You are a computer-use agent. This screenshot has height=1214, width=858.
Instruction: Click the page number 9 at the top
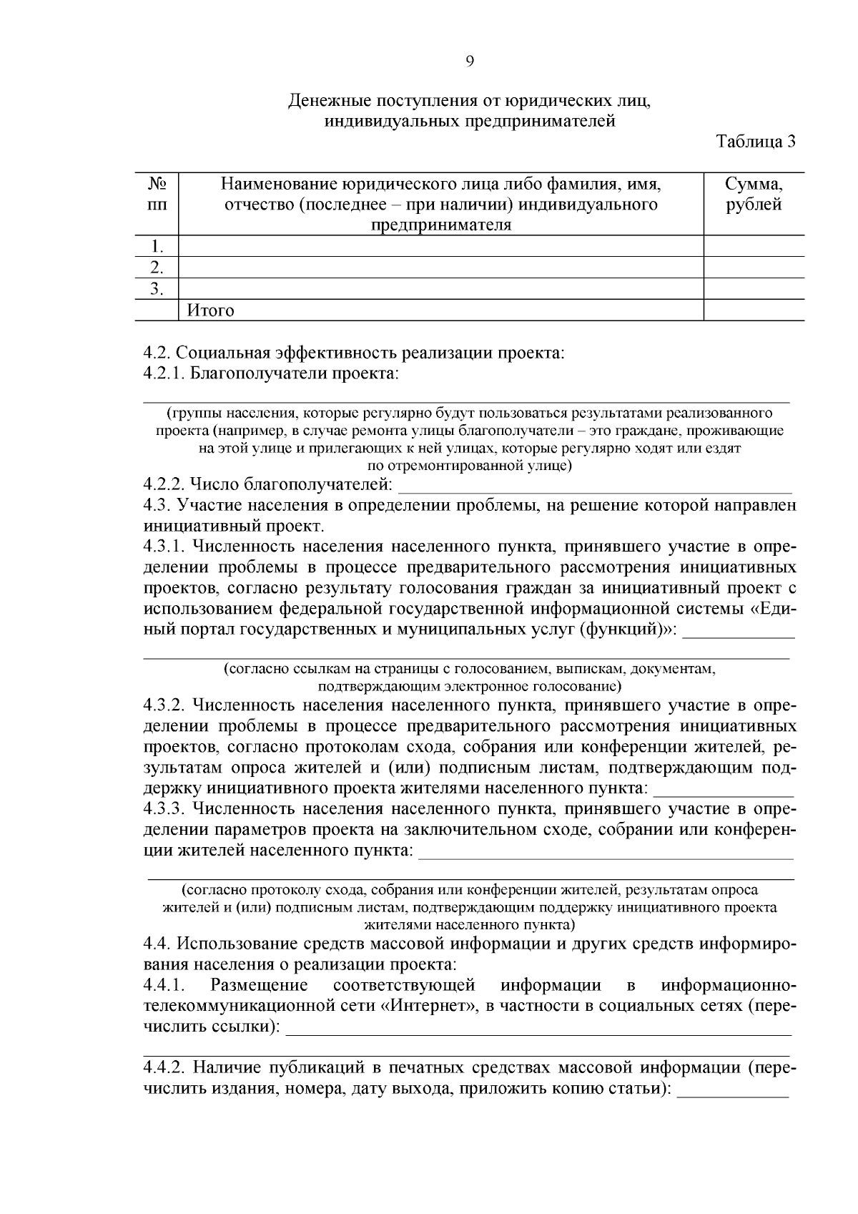coord(470,62)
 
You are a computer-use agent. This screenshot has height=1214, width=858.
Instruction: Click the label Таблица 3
coord(756,142)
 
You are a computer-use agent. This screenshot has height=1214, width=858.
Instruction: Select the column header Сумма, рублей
coord(754,195)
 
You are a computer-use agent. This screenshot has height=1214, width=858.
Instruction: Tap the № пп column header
coord(157,195)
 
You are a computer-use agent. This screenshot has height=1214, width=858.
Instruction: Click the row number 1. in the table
coord(157,247)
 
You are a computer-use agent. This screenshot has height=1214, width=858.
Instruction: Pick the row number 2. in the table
coord(157,268)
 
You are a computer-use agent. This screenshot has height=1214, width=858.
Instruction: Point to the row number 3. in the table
coord(157,289)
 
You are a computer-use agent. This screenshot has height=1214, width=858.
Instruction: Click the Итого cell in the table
coord(211,310)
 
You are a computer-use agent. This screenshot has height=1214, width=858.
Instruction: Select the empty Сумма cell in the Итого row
coord(754,310)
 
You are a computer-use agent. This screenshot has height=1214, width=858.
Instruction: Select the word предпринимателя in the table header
coord(441,225)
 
